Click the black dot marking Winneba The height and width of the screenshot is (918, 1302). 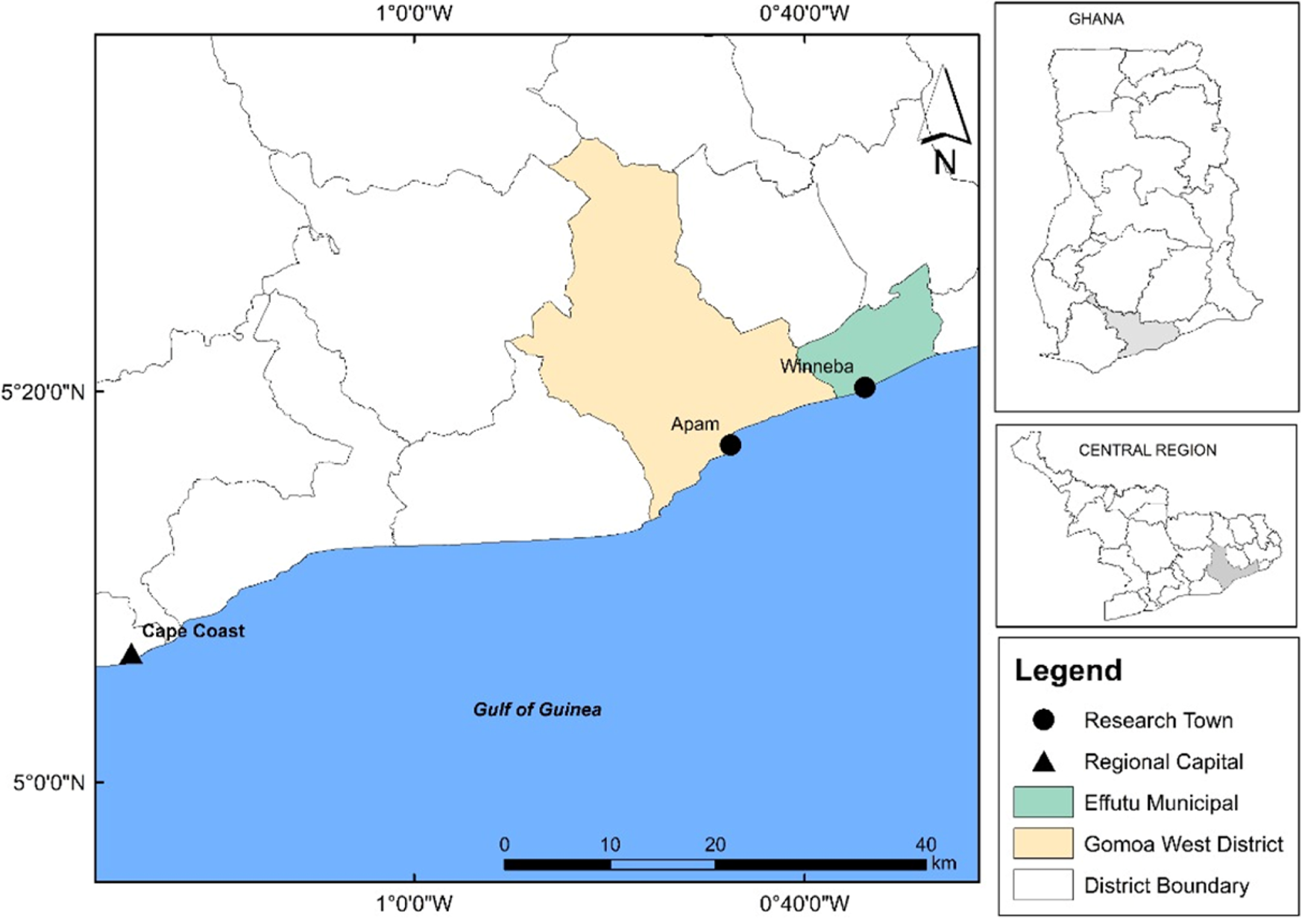click(864, 388)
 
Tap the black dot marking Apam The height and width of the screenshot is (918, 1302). click(730, 445)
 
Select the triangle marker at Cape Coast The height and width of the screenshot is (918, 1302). click(130, 656)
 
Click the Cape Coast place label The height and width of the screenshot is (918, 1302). click(193, 631)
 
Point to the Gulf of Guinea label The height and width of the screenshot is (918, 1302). click(537, 709)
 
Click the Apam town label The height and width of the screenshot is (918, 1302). click(695, 424)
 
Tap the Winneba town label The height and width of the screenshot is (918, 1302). click(817, 366)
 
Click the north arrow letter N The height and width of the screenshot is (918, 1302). click(945, 163)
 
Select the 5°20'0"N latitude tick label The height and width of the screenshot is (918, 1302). click(44, 391)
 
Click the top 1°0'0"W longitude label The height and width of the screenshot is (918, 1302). click(415, 13)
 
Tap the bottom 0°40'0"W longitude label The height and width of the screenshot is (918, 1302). click(804, 905)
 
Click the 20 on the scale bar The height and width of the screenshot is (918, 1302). click(714, 845)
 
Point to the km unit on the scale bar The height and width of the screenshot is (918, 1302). click(943, 864)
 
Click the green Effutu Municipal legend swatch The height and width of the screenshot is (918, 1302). click(1042, 802)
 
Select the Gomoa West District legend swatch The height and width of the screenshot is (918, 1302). click(1042, 843)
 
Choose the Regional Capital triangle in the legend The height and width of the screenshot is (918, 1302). click(1043, 761)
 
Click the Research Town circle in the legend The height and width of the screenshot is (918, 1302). click(1043, 720)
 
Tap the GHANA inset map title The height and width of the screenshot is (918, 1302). click(1095, 19)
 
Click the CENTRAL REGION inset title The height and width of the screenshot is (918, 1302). click(1147, 450)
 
